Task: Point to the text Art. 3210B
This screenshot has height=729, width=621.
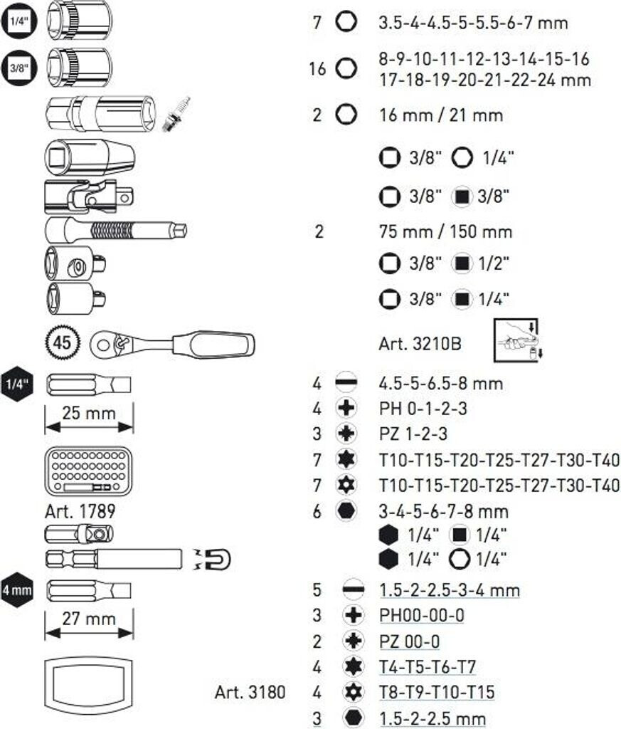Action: coord(420,343)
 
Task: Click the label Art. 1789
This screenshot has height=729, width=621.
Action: coord(80,510)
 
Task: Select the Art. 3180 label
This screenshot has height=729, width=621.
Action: coord(250,691)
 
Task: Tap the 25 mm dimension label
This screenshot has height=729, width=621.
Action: coord(88,412)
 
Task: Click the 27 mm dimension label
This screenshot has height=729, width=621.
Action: coord(89,618)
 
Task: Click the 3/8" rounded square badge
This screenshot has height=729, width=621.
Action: coord(17,69)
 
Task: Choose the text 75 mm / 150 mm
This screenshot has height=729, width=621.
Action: coord(445,231)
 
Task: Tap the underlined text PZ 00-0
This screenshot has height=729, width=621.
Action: coord(409,641)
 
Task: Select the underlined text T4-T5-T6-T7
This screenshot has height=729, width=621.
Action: coord(427,667)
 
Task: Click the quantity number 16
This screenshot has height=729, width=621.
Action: coord(317,69)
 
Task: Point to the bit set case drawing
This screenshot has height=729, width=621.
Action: coord(87,471)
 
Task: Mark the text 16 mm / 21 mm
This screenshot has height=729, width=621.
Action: coord(440,115)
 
